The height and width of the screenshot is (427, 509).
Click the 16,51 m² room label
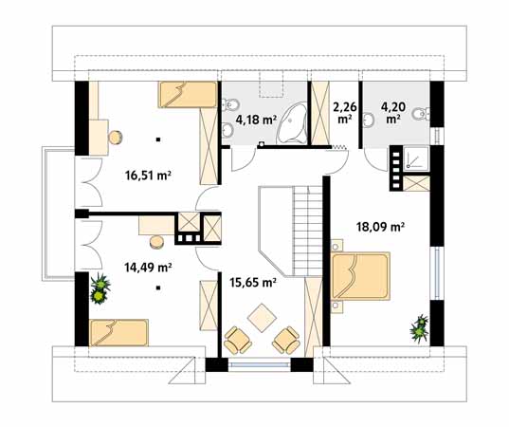coord(148,176)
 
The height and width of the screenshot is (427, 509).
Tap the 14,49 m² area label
coord(148,268)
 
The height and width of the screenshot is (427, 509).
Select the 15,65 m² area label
coord(253,283)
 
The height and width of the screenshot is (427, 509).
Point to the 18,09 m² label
coord(380,226)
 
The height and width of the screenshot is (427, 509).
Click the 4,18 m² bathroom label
coord(256,120)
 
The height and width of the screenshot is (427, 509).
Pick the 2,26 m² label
coord(345,113)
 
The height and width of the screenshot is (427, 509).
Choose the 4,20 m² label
coord(392,113)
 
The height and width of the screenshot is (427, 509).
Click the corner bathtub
coord(292,123)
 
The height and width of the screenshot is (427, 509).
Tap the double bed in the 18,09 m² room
coord(360,276)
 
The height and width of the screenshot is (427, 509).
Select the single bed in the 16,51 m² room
coord(188,95)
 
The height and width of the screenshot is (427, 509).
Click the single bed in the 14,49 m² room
coord(118,332)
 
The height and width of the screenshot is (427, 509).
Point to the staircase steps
coord(308,231)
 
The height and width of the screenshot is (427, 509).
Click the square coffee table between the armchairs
coord(262,318)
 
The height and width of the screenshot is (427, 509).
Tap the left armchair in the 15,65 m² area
coord(238,340)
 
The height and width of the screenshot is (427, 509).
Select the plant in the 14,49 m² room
coord(100,288)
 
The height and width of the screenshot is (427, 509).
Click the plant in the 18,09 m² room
coord(419,329)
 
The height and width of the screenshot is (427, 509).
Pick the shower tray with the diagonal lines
coord(416,158)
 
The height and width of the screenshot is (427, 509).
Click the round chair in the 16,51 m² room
coord(116,138)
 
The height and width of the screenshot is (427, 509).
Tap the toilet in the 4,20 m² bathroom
coord(421,114)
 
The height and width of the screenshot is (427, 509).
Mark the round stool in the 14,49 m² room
coord(156,242)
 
